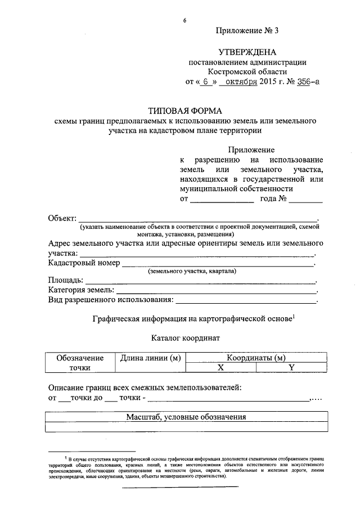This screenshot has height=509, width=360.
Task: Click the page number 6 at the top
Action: pyautogui.click(x=184, y=21)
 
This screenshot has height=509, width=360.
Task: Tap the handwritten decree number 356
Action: pyautogui.click(x=304, y=82)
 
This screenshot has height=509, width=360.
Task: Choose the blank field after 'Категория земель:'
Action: pyautogui.click(x=215, y=291)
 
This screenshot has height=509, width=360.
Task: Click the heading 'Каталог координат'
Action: pyautogui.click(x=185, y=339)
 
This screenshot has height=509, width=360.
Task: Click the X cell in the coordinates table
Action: pyautogui.click(x=221, y=367)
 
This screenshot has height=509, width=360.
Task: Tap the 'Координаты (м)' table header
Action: pyautogui.click(x=256, y=358)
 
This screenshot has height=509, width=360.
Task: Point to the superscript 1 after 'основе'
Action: pyautogui.click(x=293, y=316)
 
